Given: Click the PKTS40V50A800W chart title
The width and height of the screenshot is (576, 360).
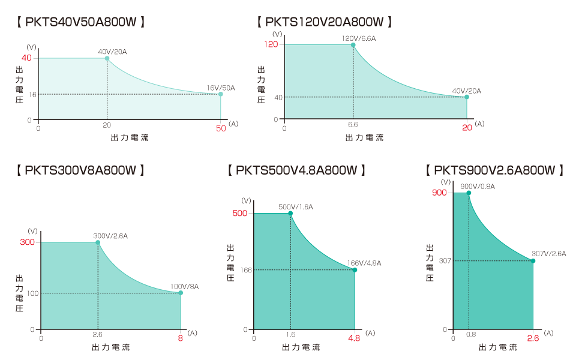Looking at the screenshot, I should pos(82,22).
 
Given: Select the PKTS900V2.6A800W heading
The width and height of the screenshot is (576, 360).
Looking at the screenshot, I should pos(494,170).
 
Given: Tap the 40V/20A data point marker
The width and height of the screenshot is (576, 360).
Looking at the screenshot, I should pos(107,58).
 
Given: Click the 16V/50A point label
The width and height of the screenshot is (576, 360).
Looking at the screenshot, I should pos(221,88).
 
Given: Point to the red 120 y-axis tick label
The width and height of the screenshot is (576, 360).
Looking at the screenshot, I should pos(271,44).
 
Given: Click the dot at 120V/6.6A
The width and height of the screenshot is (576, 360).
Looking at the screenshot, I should pos(353,45).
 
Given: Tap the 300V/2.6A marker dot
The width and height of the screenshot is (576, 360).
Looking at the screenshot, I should pos(98,242).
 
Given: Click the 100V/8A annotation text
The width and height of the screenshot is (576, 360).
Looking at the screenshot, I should pos(185,286).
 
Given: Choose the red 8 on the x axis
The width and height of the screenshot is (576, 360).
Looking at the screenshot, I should pos(180,338).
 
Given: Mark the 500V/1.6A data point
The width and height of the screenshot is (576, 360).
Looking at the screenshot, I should pos(290,214).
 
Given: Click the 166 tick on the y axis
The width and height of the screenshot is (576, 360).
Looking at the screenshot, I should pos(246,270).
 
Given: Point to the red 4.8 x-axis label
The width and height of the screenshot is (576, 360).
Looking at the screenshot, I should pos(354,338).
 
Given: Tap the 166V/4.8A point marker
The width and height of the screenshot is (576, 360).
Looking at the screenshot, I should pos(355,270).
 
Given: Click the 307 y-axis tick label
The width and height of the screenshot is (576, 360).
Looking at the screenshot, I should pos(445,260).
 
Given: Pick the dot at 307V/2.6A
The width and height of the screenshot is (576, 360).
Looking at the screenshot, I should pos(533,260).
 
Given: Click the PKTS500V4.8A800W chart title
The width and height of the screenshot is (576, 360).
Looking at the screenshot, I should pos(297,170).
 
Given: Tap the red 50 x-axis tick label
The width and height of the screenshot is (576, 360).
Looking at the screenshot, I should pos(221,128).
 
